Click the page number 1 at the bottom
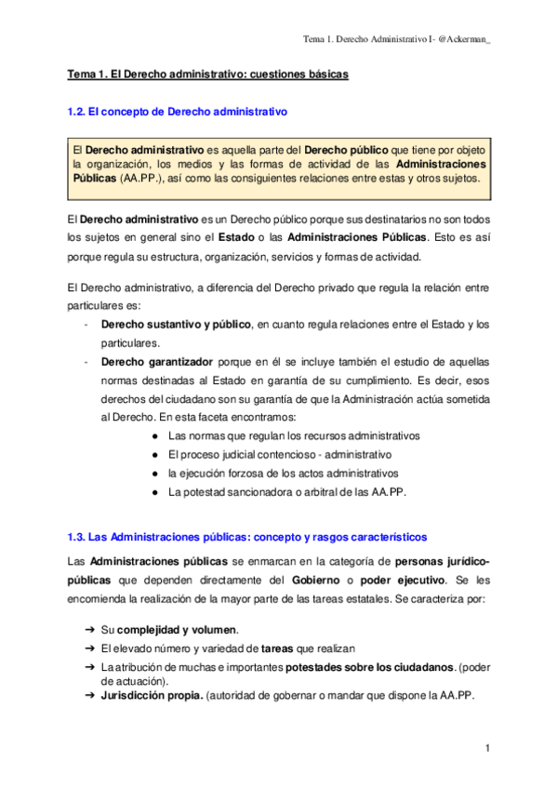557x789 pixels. tap(487, 748)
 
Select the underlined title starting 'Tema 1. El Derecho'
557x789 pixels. tap(208, 74)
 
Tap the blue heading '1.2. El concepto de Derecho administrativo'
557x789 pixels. tap(179, 112)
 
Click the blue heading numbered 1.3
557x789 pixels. tap(247, 537)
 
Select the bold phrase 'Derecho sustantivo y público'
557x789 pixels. tap(176, 324)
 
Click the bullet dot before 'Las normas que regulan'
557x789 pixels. tap(153, 435)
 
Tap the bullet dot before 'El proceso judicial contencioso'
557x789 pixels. tap(153, 454)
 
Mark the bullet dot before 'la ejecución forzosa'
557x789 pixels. tap(153, 473)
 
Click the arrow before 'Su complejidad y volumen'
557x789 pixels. tap(89, 628)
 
